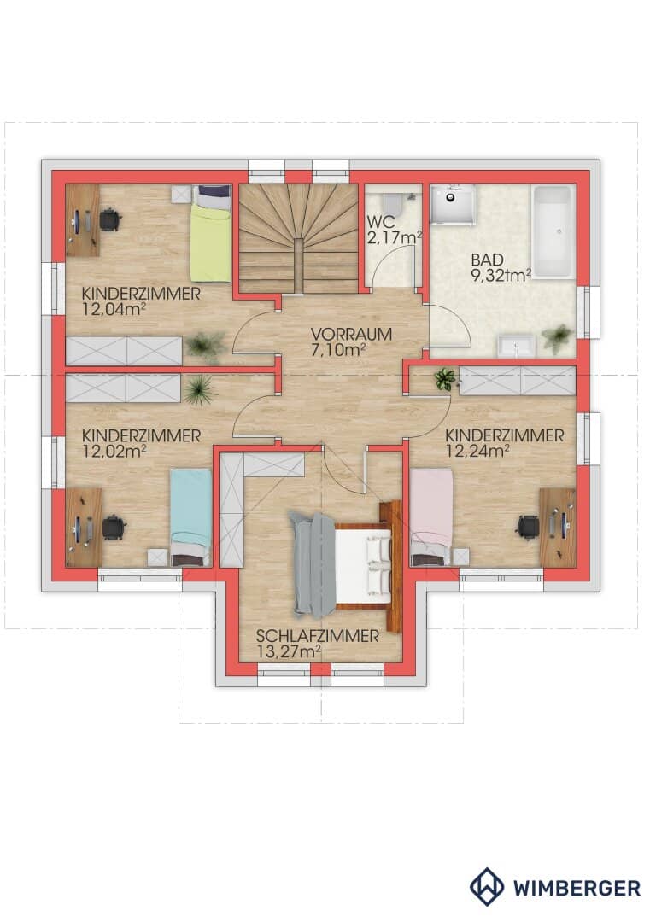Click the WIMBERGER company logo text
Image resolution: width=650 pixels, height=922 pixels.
point(577,888)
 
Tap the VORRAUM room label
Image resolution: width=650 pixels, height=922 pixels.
point(351,334)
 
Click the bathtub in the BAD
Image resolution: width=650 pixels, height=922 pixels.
point(553,231)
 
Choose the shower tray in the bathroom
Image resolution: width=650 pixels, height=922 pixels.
point(453,204)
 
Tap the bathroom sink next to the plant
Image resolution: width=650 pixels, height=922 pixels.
point(516,346)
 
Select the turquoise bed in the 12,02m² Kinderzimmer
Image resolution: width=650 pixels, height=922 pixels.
point(190,517)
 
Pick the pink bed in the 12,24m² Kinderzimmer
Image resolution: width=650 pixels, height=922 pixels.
point(431,517)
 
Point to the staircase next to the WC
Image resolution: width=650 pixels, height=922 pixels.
point(298,238)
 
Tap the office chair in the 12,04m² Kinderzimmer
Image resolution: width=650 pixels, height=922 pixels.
point(110,220)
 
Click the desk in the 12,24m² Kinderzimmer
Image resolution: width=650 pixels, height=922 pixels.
point(558,527)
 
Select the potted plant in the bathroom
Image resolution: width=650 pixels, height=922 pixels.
point(557,338)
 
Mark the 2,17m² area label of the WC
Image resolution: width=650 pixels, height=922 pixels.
point(395,237)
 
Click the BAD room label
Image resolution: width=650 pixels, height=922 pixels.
point(487,260)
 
